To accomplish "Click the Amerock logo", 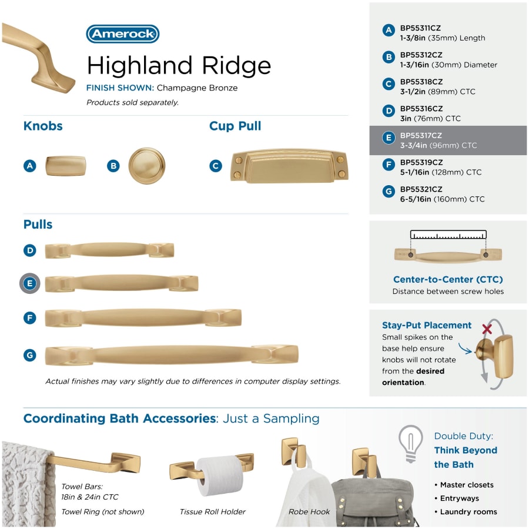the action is click(123, 34).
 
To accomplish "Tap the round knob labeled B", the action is click(147, 166).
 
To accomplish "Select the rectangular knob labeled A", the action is click(66, 166).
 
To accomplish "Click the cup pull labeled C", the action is click(289, 166).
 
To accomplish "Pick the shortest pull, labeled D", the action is click(110, 250).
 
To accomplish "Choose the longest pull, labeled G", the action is click(172, 355).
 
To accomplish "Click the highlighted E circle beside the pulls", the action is click(30, 283).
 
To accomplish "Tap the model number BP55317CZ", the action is click(421, 136).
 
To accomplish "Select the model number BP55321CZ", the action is click(421, 189).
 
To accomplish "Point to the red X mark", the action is click(487, 329).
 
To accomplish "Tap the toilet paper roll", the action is click(220, 476).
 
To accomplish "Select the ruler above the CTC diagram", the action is click(448, 235).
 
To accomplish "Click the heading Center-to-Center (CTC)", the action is click(448, 279).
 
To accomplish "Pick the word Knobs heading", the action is click(43, 126).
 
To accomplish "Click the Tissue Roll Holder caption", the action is click(213, 512).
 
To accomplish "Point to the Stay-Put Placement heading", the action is click(427, 325).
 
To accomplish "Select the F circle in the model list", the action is click(389, 165).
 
